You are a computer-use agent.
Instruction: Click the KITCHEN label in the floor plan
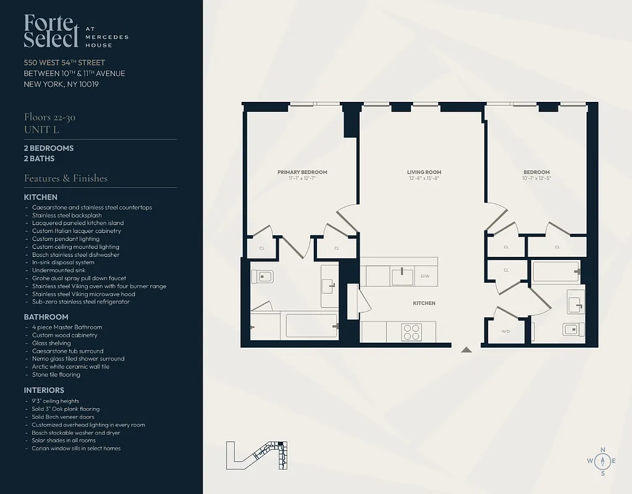[x=424, y=303]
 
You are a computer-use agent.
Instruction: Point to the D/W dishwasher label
[x=425, y=276]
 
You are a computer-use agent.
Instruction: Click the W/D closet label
[x=505, y=332]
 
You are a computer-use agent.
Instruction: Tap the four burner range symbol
[x=411, y=332]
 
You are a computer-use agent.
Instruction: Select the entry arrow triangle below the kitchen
[x=466, y=350]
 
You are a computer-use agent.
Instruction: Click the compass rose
[x=603, y=461]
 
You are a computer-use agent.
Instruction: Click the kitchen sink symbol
[x=402, y=275]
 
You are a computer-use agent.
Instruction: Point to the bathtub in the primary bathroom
[x=310, y=325]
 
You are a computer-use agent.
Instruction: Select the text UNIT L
[x=42, y=130]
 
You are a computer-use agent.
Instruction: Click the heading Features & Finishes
[x=65, y=178]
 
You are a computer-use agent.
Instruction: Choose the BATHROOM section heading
[x=46, y=317]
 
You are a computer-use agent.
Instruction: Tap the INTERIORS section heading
[x=44, y=390]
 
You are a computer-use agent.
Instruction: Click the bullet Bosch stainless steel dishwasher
[x=76, y=254]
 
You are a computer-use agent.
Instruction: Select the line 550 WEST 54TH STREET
[x=64, y=62]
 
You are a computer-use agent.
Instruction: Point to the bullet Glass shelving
[x=51, y=343]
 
